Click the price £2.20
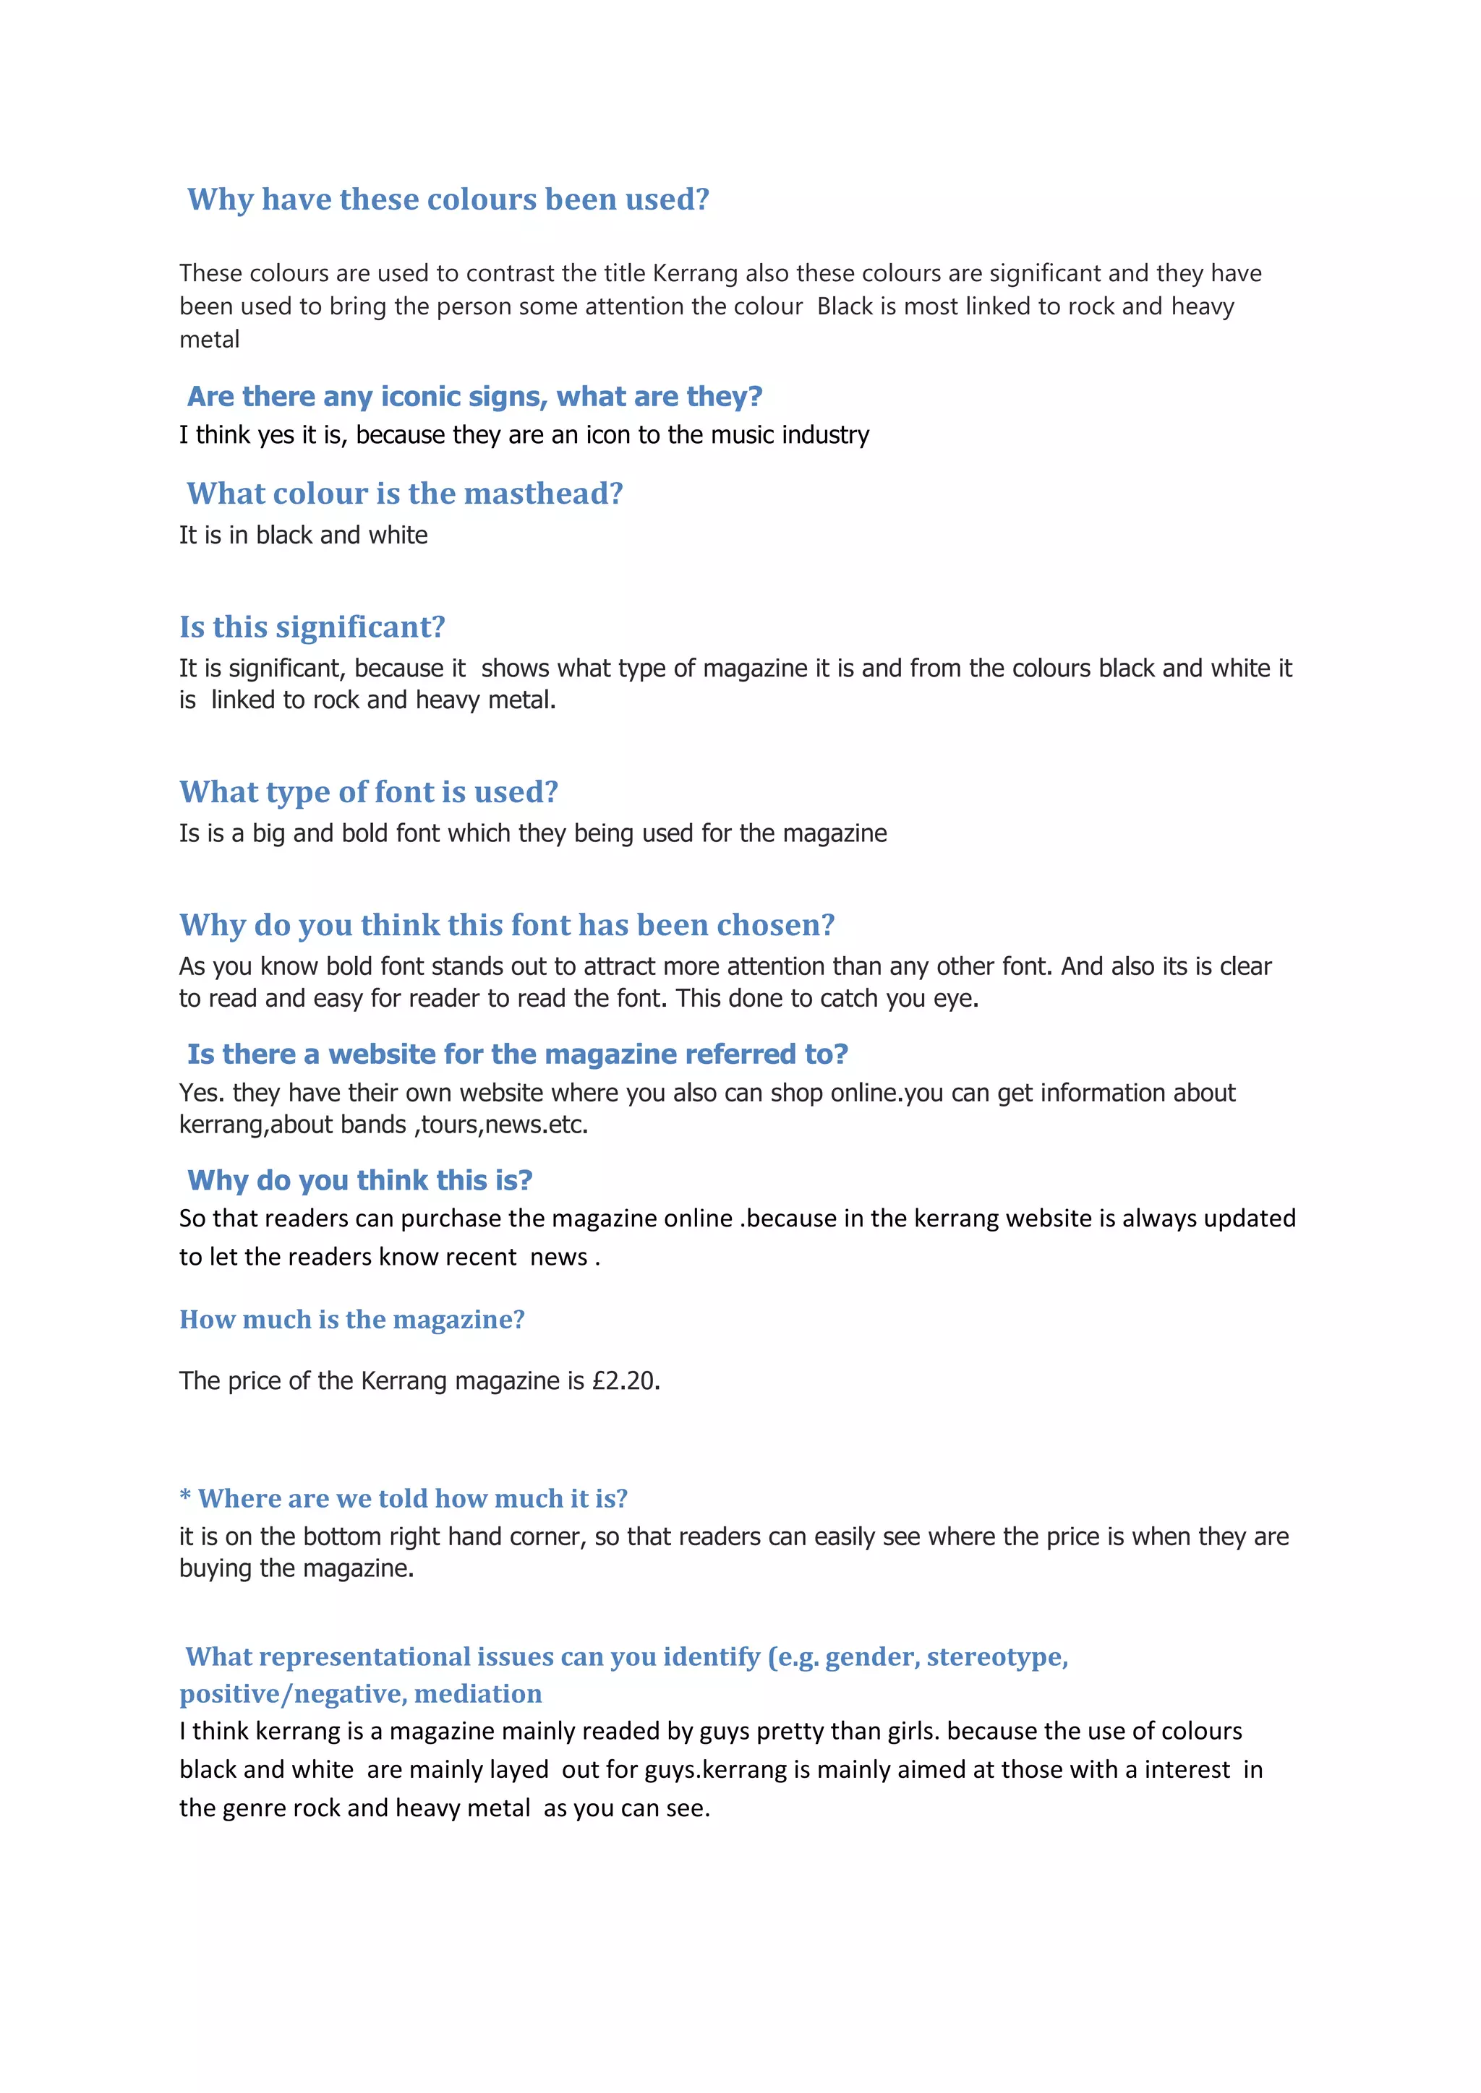tap(625, 1381)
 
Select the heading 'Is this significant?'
tap(312, 627)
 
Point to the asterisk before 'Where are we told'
tap(185, 1497)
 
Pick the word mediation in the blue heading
tap(478, 1694)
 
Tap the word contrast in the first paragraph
tap(510, 273)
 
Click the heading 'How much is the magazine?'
tap(352, 1319)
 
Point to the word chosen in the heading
tap(775, 925)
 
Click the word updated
tap(1250, 1219)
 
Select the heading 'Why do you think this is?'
tap(359, 1180)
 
